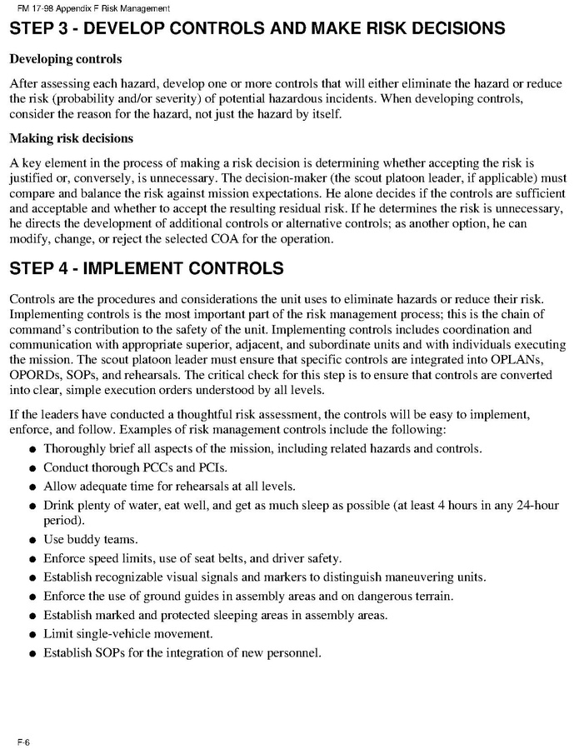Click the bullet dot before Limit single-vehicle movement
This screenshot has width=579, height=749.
pos(32,635)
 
